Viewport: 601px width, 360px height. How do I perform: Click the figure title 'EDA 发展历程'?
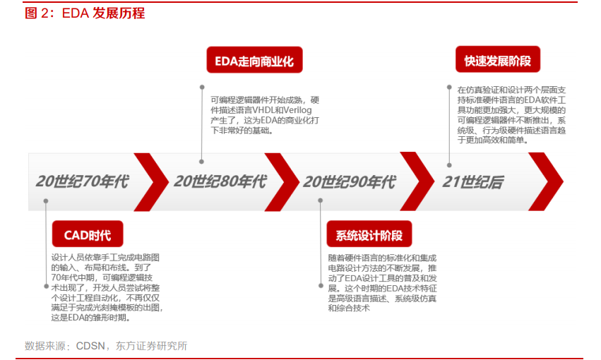click(104, 13)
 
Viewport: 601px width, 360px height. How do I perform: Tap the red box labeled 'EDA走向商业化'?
click(254, 60)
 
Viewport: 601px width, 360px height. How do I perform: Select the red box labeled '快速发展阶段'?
click(497, 59)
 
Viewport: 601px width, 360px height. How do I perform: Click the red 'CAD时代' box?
click(88, 234)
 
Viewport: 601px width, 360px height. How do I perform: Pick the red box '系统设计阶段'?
click(369, 234)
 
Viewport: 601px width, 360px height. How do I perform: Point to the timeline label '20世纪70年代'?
click(83, 181)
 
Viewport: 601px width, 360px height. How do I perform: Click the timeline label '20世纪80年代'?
click(220, 181)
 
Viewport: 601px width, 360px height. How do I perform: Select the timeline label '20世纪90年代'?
click(350, 182)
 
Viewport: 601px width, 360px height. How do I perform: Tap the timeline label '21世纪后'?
click(473, 182)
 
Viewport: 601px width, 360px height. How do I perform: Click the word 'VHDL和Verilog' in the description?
click(282, 110)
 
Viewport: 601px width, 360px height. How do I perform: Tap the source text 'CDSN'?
click(90, 346)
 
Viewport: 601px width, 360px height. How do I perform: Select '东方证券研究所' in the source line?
click(151, 346)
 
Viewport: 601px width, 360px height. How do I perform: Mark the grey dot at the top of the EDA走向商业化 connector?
click(202, 88)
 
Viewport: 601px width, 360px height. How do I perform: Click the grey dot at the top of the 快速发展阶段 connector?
click(449, 88)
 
